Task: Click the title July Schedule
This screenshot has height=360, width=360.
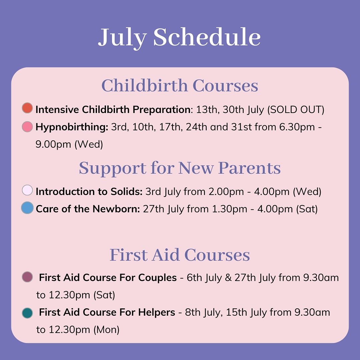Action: [x=179, y=37]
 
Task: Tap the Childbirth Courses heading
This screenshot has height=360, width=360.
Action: [x=180, y=86]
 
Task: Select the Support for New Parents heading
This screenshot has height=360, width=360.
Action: [x=180, y=168]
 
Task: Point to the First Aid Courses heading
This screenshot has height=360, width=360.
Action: [x=180, y=255]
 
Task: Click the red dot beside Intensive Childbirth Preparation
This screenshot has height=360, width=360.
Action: [x=27, y=108]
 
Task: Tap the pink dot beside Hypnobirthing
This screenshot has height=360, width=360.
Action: [x=27, y=127]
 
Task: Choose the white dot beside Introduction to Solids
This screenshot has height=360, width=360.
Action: [x=27, y=190]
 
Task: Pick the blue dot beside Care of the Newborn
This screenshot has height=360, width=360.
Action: [x=27, y=208]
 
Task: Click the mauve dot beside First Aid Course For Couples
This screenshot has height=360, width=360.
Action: [x=27, y=277]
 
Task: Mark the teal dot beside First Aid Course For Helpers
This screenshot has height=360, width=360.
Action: [x=27, y=313]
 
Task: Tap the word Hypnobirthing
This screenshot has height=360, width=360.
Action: [x=72, y=127]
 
